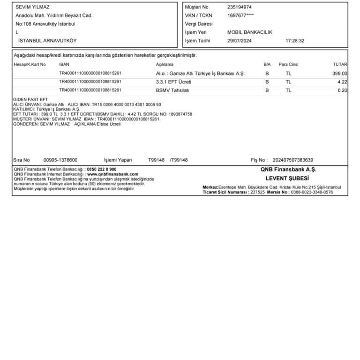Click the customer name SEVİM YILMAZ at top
[x=32, y=7]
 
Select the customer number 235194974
[x=239, y=7]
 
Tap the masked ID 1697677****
[x=240, y=15]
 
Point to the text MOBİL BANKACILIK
[x=249, y=32]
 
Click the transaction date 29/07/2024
[x=239, y=41]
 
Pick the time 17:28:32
[x=295, y=41]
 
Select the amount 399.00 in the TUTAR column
[x=339, y=74]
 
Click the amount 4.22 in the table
[x=342, y=82]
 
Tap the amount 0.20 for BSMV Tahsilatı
[x=342, y=90]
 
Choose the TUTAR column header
[x=340, y=64]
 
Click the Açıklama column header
[x=165, y=64]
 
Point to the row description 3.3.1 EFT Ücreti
[x=173, y=82]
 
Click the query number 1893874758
[x=176, y=114]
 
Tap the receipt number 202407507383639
[x=293, y=160]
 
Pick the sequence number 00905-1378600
[x=60, y=160]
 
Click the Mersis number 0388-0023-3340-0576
[x=312, y=192]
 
